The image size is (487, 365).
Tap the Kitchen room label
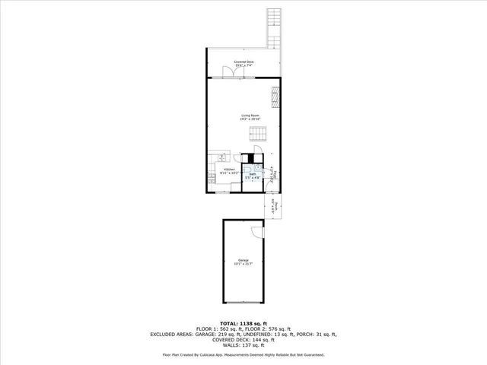(229, 169)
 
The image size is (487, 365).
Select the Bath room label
(252, 173)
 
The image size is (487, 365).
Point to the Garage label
(243, 260)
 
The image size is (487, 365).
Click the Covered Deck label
(243, 62)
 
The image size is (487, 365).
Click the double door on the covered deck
(228, 71)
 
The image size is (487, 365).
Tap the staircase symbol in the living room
(259, 135)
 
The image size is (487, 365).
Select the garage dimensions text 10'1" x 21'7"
(243, 264)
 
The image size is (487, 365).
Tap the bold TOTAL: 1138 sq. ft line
(243, 322)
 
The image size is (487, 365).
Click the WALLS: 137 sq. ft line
(243, 344)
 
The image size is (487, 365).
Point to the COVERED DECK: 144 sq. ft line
(243, 339)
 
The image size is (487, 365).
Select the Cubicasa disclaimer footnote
(243, 354)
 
